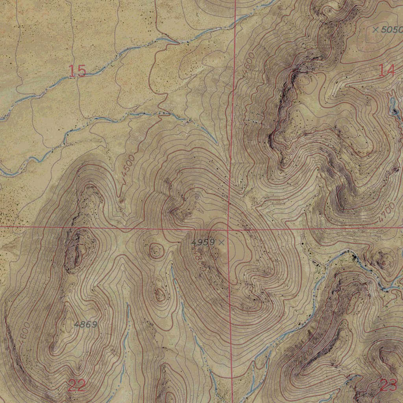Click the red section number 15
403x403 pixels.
[77, 71]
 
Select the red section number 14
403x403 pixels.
[386, 70]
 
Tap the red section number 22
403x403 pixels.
[77, 385]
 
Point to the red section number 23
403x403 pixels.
[388, 385]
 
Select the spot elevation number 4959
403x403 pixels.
[203, 242]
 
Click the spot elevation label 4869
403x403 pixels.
[85, 325]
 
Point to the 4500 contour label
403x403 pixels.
[128, 166]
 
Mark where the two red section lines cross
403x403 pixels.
[229, 227]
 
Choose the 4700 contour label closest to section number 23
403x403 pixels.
[305, 354]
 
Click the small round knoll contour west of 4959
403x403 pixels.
[156, 250]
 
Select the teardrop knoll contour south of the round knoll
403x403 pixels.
[160, 294]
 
